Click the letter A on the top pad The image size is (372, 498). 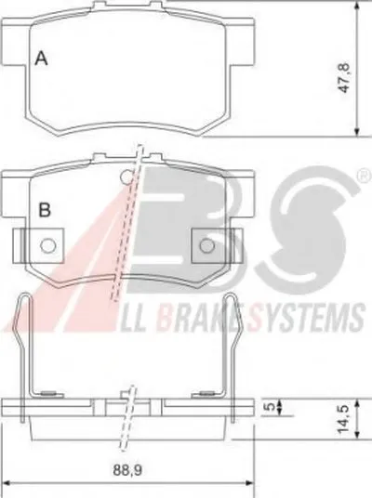(41, 59)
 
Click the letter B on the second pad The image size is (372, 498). (45, 210)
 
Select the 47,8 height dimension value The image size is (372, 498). (344, 78)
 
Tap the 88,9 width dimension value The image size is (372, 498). (127, 470)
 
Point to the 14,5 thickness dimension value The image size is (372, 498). (344, 418)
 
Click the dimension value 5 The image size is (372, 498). (270, 406)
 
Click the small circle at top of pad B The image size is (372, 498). (126, 177)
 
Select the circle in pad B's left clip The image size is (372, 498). (48, 245)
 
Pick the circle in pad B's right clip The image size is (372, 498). (207, 245)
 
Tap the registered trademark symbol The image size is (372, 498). (365, 176)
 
